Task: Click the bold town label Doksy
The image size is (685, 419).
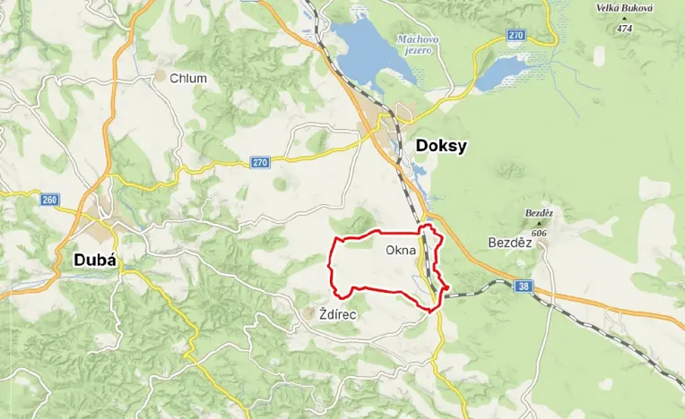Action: coord(440,146)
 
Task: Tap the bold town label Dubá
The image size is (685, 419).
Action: coord(92,260)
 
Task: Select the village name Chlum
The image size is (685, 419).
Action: coord(188,78)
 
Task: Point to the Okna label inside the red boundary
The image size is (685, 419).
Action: coord(401,250)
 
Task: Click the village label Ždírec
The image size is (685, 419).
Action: coord(338,314)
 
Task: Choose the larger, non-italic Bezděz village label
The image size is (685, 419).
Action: coord(510,243)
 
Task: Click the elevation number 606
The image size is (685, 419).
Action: coord(538,233)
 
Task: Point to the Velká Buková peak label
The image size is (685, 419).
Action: coord(625,9)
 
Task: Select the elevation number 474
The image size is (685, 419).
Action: coord(625,30)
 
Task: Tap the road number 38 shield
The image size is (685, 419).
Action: coord(524,286)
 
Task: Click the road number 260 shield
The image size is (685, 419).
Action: coord(48,199)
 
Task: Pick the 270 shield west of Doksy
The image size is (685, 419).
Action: coord(259,162)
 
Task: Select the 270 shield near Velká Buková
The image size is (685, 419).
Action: coord(515,35)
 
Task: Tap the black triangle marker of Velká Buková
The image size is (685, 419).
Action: coord(625,20)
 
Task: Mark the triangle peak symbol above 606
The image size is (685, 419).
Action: coord(538,223)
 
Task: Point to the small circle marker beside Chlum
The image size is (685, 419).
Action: coord(160,78)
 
